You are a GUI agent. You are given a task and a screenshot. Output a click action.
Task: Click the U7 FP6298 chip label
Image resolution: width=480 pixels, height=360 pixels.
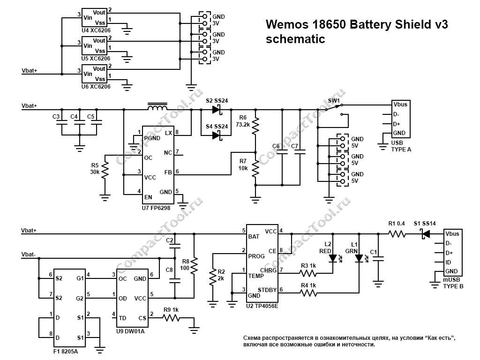[156, 207]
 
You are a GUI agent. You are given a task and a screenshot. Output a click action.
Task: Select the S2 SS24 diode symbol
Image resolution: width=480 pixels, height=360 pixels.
[216, 110]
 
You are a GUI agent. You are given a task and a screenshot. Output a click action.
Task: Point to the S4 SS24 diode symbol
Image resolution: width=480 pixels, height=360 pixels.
[216, 135]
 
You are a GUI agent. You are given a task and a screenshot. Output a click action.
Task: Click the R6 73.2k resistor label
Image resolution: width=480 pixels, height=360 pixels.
[242, 121]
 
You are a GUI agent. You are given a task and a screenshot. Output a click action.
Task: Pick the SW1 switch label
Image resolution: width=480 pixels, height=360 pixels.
[334, 101]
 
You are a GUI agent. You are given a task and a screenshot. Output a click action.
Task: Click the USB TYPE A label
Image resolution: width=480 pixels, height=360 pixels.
[401, 146]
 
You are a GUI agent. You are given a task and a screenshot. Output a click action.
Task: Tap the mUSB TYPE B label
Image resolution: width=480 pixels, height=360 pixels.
[453, 283]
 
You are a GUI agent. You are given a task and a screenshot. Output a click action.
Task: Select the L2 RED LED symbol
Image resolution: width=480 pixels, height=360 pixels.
[333, 258]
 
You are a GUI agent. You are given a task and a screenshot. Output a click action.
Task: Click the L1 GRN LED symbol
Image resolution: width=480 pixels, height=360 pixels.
[359, 258]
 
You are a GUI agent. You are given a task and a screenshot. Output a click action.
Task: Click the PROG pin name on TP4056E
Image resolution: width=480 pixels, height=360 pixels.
[256, 256]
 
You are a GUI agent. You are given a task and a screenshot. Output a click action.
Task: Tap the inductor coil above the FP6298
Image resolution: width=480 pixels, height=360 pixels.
[157, 109]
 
